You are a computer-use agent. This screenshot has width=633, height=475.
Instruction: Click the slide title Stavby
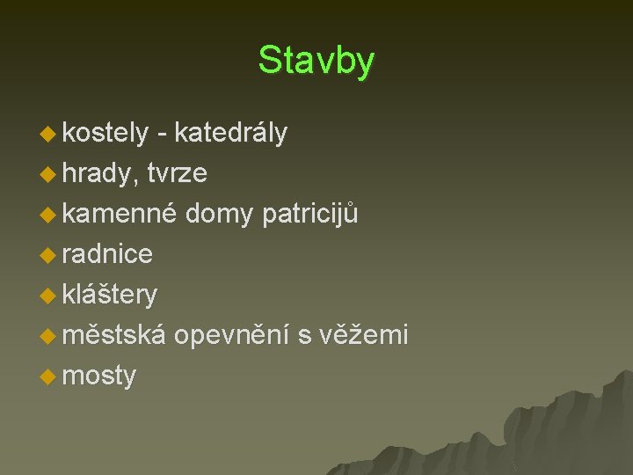click(316, 61)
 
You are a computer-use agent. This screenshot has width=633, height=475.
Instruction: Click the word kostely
click(105, 133)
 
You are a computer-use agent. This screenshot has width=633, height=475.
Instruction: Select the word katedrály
click(230, 133)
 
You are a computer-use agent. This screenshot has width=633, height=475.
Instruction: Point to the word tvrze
click(178, 173)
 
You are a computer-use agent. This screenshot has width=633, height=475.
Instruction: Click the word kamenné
click(120, 214)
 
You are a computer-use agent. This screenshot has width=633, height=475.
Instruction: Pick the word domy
click(220, 214)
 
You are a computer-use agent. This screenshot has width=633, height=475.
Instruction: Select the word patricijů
click(310, 214)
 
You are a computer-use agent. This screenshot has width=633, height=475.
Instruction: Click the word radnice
click(108, 254)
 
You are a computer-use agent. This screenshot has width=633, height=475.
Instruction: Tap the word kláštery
click(110, 295)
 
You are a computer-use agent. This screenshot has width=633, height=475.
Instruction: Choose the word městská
click(113, 335)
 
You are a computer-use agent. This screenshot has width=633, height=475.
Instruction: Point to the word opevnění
click(232, 335)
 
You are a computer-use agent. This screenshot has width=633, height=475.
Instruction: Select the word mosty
click(99, 376)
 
